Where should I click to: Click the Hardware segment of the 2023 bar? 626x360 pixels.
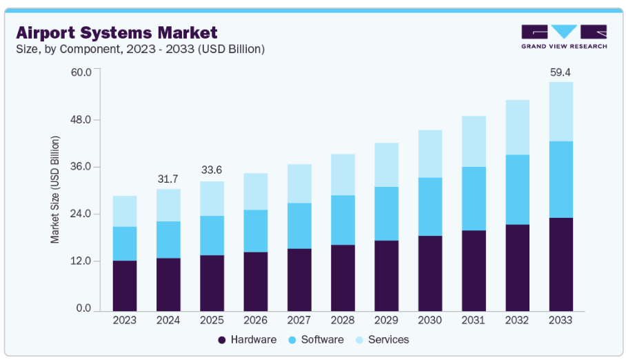[125, 285]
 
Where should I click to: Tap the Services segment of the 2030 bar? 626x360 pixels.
[430, 154]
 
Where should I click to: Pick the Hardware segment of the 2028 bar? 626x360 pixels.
[343, 277]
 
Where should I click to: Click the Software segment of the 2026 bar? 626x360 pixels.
[256, 231]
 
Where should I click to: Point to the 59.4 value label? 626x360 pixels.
[561, 72]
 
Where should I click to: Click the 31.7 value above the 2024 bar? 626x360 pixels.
[168, 179]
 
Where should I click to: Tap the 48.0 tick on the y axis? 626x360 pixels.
[83, 119]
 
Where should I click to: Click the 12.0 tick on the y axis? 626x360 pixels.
[83, 261]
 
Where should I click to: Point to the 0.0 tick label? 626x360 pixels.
[85, 308]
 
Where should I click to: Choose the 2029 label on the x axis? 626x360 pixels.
[386, 320]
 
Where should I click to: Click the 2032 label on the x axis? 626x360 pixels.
[517, 320]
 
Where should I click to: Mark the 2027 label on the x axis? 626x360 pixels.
[299, 320]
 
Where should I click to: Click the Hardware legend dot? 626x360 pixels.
[222, 340]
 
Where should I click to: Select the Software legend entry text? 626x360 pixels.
[322, 340]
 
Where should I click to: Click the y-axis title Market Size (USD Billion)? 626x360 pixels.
[55, 190]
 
